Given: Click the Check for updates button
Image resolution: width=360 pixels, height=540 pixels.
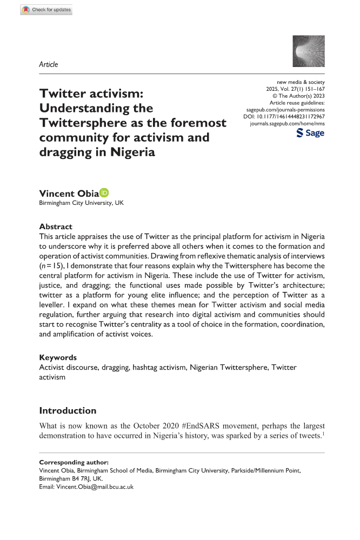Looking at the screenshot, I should (x=46, y=10).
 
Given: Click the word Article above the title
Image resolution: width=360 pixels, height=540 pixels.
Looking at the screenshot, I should (x=49, y=64).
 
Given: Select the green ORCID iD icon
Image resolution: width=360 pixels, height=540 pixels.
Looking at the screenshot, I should (x=104, y=193).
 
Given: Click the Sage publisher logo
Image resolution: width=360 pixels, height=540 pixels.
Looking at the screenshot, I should (x=311, y=133).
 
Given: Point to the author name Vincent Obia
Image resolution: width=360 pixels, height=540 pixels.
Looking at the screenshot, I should (x=68, y=194).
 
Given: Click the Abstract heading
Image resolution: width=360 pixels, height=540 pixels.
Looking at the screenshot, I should (x=56, y=226).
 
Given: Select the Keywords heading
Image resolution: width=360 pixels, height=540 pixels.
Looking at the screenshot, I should (x=58, y=357).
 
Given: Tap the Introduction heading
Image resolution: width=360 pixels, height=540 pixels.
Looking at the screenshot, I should (x=68, y=410).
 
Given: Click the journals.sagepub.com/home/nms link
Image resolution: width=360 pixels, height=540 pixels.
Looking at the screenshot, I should (x=287, y=124).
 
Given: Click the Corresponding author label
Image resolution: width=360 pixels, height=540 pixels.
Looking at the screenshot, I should (x=74, y=463).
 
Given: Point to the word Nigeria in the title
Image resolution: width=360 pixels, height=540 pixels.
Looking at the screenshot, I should (x=133, y=152).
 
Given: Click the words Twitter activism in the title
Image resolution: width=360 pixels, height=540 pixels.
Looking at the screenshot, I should (x=91, y=93).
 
